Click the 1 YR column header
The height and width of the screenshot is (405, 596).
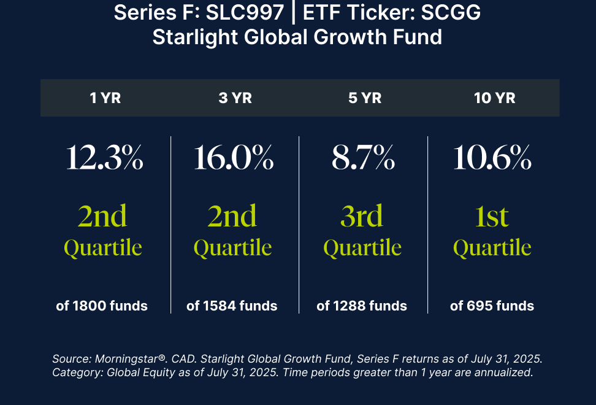click(x=105, y=98)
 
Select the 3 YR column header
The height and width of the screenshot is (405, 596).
click(x=235, y=98)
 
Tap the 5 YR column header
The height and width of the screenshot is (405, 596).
click(x=365, y=98)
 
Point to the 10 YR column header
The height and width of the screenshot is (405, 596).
click(x=494, y=98)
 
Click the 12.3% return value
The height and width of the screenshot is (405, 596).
click(x=104, y=158)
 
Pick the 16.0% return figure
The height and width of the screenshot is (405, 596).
click(x=234, y=158)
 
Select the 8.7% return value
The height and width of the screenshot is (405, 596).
click(x=363, y=158)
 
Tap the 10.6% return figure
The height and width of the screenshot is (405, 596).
click(x=492, y=158)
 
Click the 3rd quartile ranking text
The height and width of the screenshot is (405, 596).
click(x=362, y=231)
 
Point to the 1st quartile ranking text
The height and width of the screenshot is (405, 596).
click(x=492, y=231)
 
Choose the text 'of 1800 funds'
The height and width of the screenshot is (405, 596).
click(x=102, y=306)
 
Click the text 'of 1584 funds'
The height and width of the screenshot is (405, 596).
click(x=232, y=306)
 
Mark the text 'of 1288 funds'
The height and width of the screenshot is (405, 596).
click(x=362, y=306)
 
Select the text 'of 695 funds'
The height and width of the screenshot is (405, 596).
click(x=492, y=306)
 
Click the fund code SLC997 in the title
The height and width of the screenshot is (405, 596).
click(x=245, y=12)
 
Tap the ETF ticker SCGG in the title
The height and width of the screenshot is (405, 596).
click(x=451, y=12)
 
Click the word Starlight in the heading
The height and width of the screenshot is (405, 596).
click(x=196, y=37)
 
